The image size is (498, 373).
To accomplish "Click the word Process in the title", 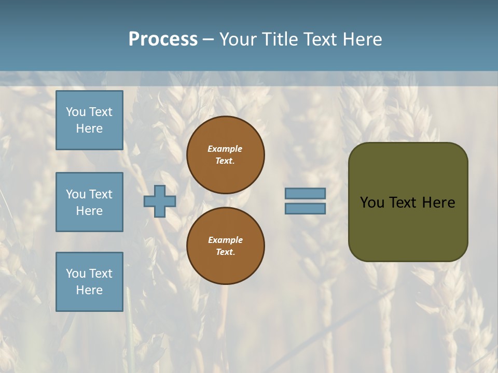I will tap(163, 39).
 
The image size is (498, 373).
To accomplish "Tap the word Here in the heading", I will tap(362, 39).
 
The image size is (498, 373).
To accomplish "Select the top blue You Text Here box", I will tap(89, 120).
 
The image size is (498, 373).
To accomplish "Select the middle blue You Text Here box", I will tap(89, 202).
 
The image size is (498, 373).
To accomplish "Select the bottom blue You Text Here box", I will tap(89, 282).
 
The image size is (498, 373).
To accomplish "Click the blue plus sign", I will tap(160, 201).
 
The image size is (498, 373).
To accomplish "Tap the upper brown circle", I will tap(226, 155).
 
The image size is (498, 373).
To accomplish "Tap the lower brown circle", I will tap(226, 246).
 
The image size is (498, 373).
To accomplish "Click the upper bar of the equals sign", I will tap(306, 194).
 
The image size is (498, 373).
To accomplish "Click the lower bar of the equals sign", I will tap(306, 208).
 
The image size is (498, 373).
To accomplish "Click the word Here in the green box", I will tap(438, 203).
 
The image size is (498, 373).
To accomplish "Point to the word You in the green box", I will tap(372, 203).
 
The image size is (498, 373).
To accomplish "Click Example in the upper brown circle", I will tap(225, 149).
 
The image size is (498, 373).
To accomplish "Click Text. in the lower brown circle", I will tap(225, 252).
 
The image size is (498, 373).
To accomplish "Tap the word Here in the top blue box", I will tap(89, 128).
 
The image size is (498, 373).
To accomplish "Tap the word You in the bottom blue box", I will tap(76, 274).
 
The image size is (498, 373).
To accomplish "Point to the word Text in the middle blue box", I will tap(101, 194).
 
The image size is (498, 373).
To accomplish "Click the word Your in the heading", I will tap(239, 39).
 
